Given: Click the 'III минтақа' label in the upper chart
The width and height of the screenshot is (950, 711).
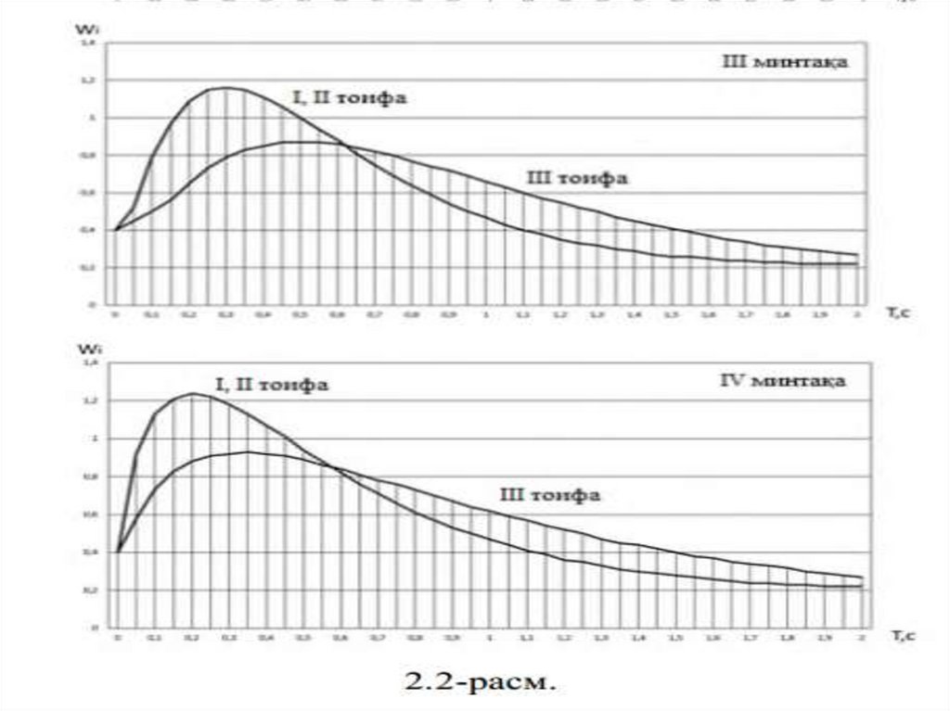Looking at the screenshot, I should point(786,63).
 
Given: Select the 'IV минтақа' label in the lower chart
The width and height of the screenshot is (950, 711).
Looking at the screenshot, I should point(784,381).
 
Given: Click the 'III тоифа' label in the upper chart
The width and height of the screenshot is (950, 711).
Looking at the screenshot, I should point(577,178).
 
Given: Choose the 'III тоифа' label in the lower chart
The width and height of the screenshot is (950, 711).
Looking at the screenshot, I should point(550,496).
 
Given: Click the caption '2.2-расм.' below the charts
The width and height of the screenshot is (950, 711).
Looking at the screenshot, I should point(481,684).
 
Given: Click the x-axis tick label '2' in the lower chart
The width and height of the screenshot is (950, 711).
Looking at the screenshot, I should point(862,640).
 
